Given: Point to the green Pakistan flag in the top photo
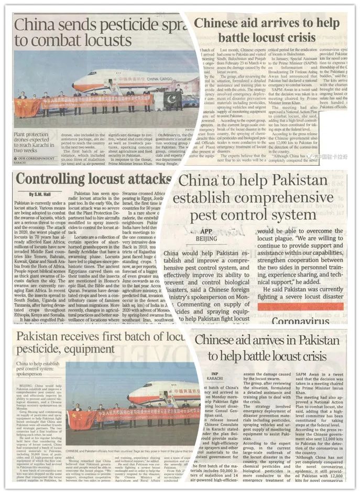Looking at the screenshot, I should tap(172, 99).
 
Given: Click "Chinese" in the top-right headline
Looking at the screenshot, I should tap(221, 24).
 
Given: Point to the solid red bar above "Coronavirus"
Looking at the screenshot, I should tap(302, 306).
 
